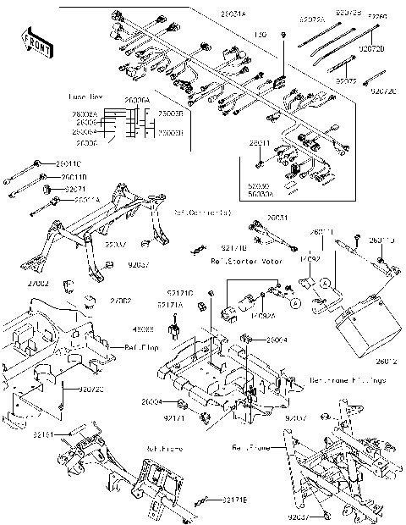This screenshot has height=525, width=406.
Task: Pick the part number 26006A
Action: click(x=137, y=101)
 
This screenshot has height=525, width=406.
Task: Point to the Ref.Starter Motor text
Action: click(x=245, y=262)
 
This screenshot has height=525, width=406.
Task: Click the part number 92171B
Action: click(x=234, y=249)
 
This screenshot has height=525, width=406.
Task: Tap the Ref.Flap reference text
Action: click(x=139, y=347)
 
